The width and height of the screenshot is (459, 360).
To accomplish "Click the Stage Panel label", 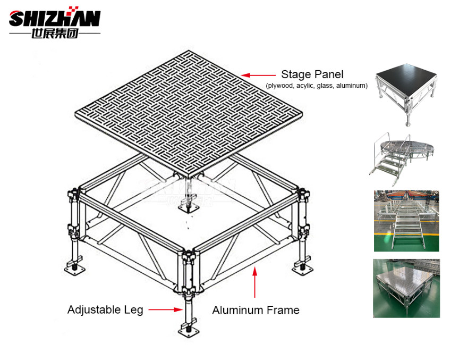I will click(x=312, y=74).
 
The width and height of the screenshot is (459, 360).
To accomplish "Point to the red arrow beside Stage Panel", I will click(x=258, y=75).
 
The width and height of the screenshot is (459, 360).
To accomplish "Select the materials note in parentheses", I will click(x=317, y=86).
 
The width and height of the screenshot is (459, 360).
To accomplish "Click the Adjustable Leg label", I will click(x=105, y=309).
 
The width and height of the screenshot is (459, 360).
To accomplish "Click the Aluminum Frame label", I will click(x=256, y=310).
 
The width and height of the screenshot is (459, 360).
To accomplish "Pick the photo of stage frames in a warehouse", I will click(x=406, y=221).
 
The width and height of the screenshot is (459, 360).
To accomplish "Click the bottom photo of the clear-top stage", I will click(x=406, y=288).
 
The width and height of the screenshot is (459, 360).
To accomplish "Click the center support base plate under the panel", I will click(x=188, y=209).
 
